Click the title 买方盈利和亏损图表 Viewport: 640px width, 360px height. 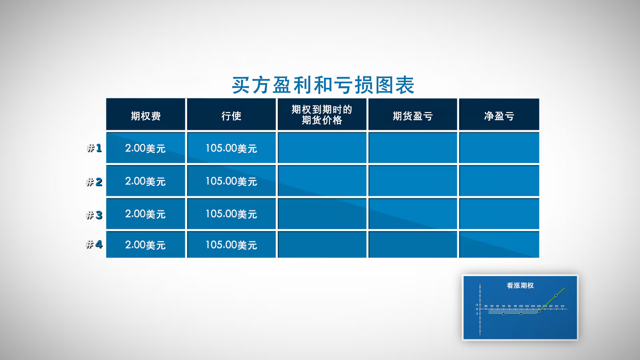(323, 85)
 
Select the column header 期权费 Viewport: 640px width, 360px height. (146, 116)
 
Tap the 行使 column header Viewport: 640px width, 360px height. (231, 116)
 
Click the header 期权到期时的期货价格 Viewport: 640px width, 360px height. (322, 114)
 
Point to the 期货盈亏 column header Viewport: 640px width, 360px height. (413, 116)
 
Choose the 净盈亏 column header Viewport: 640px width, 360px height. (499, 116)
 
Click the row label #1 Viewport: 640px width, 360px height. (94, 148)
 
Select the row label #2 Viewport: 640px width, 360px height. (94, 182)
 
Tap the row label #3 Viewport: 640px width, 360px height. (94, 215)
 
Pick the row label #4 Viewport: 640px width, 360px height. (94, 244)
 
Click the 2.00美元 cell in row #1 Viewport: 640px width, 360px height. (145, 148)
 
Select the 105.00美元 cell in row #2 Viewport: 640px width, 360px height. (231, 181)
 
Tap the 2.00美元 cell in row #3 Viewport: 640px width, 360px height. (145, 214)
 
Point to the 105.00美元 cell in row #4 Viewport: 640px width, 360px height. (231, 245)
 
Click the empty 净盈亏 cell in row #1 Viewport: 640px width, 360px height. (499, 148)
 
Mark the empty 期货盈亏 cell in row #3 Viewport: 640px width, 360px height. (413, 214)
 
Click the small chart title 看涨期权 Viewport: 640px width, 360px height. (520, 285)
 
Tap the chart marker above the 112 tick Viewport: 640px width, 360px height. (556, 295)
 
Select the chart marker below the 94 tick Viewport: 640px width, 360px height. (504, 314)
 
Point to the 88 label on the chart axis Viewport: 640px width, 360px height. (486, 306)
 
